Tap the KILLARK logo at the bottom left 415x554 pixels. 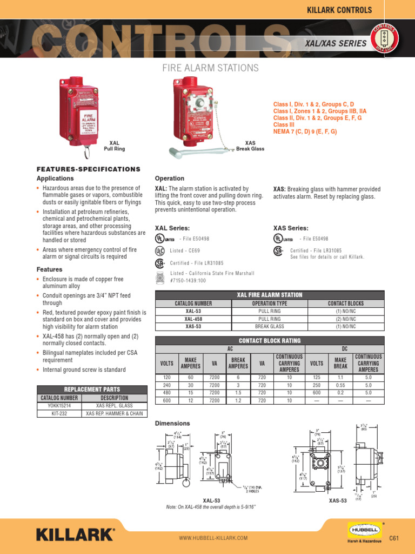(x=75, y=535)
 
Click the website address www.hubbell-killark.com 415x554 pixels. (x=213, y=538)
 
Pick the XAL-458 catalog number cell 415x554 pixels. (x=193, y=319)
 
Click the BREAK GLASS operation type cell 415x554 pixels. (x=270, y=327)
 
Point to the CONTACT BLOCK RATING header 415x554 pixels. (x=270, y=340)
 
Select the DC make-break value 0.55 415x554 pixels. (x=340, y=385)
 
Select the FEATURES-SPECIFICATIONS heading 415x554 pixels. (x=88, y=169)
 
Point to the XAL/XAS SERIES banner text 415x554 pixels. (x=336, y=43)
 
